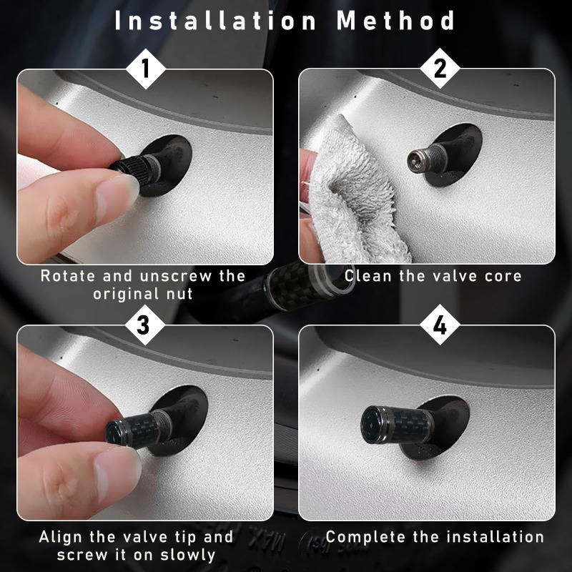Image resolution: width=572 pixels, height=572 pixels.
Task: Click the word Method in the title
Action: click(396, 21)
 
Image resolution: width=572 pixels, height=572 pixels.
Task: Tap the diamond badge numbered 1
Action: click(146, 69)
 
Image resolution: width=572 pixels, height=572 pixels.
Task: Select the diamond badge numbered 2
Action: click(440, 68)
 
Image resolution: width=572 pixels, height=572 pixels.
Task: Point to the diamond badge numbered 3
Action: click(144, 325)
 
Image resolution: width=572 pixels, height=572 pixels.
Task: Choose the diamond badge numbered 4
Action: click(440, 325)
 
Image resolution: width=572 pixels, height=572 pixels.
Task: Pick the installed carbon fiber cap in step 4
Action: click(397, 424)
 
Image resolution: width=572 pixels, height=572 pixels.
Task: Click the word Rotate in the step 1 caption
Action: click(68, 276)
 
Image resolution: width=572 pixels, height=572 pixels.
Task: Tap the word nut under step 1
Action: click(179, 294)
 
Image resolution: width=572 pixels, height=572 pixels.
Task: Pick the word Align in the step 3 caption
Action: click(61, 538)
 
